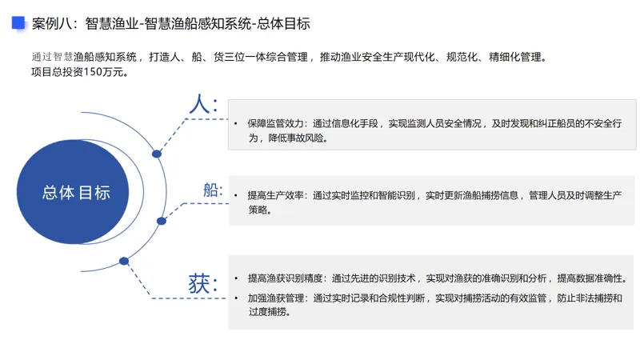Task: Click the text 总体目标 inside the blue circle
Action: click(x=76, y=192)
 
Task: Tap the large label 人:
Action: click(x=202, y=104)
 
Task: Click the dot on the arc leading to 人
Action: click(x=157, y=154)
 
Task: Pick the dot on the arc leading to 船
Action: click(x=162, y=221)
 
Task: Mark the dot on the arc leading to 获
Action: click(x=124, y=261)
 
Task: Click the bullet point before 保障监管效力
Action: click(x=236, y=124)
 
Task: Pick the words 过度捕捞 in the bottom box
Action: click(x=269, y=312)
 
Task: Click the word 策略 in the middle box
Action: click(x=258, y=210)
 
